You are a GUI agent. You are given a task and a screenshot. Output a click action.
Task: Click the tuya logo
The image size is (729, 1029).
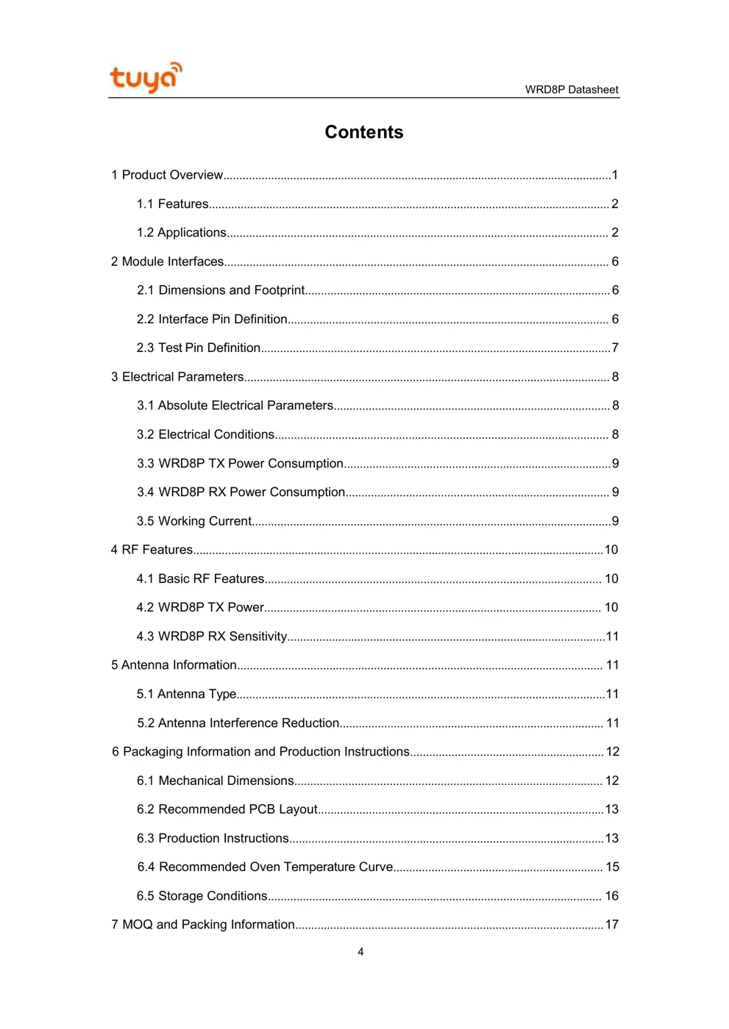pyautogui.click(x=146, y=77)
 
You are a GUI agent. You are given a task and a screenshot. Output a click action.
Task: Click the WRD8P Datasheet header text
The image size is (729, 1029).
pyautogui.click(x=571, y=90)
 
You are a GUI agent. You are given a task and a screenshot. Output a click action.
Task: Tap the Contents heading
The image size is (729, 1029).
pyautogui.click(x=364, y=132)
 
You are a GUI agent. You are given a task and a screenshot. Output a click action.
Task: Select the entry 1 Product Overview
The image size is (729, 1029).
pyautogui.click(x=167, y=175)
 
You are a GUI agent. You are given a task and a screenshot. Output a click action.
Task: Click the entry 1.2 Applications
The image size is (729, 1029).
pyautogui.click(x=181, y=232)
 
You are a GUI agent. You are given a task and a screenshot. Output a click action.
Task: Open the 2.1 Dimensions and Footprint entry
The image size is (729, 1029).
pyautogui.click(x=221, y=290)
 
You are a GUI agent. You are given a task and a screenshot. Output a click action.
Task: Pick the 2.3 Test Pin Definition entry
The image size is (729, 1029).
pyautogui.click(x=199, y=348)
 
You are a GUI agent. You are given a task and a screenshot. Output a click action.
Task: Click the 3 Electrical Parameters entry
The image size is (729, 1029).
pyautogui.click(x=177, y=376)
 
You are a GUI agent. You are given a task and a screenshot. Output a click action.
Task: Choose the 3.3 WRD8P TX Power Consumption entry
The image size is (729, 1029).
pyautogui.click(x=240, y=463)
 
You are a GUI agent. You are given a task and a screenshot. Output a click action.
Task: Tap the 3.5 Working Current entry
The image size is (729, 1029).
pyautogui.click(x=194, y=521)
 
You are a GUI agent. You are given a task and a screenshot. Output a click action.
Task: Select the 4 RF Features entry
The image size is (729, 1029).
pyautogui.click(x=152, y=550)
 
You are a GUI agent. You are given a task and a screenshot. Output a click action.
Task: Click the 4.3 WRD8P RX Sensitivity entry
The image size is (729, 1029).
pyautogui.click(x=212, y=637)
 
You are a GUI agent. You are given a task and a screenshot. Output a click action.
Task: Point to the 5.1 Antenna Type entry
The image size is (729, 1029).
pyautogui.click(x=187, y=694)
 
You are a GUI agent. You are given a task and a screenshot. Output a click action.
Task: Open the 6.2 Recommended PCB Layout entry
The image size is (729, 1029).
pyautogui.click(x=227, y=809)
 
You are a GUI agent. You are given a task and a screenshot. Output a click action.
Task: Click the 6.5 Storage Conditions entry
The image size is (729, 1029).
pyautogui.click(x=202, y=896)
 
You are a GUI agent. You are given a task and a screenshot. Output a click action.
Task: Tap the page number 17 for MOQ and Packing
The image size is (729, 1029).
pyautogui.click(x=611, y=925)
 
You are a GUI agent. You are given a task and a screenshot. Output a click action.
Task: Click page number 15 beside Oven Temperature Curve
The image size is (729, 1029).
pyautogui.click(x=612, y=867)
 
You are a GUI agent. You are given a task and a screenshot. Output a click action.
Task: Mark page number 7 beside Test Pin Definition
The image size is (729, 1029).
pyautogui.click(x=615, y=348)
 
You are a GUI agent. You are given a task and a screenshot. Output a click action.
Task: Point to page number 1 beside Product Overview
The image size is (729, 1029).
pyautogui.click(x=615, y=175)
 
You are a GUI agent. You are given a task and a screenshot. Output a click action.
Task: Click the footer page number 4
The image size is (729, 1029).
pyautogui.click(x=360, y=952)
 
